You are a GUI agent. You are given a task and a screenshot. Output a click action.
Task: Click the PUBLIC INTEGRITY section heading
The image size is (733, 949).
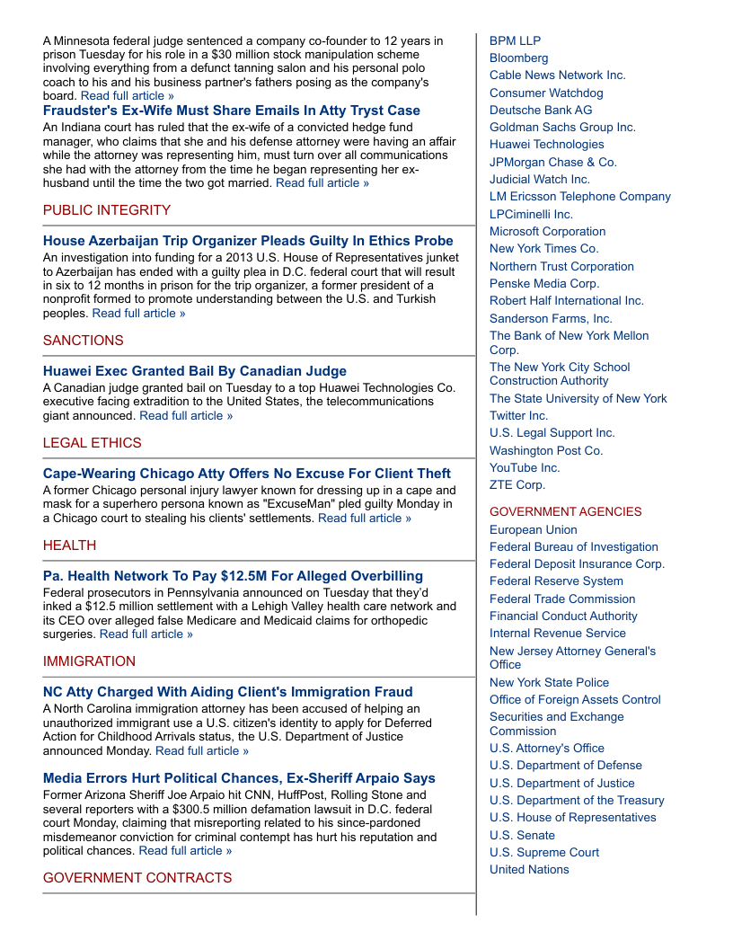click(107, 210)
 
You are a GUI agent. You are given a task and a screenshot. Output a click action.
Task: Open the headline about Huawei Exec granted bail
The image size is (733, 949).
click(195, 371)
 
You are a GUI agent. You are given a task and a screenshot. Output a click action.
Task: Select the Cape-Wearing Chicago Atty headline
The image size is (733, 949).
click(247, 474)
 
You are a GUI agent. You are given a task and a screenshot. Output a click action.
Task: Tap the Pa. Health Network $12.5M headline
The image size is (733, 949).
click(233, 576)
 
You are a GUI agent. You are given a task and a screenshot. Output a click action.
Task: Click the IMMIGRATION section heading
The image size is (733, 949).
click(89, 661)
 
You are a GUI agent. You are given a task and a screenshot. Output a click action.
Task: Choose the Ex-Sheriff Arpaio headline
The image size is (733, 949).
click(239, 778)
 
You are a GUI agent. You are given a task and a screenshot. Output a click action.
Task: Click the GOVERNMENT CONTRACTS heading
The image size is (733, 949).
click(137, 878)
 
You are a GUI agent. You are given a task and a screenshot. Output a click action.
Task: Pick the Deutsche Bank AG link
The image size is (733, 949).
click(541, 110)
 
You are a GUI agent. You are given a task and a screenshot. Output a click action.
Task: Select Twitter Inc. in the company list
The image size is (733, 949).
click(518, 415)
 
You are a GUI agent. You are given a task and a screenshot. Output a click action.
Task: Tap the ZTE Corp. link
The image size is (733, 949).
click(517, 484)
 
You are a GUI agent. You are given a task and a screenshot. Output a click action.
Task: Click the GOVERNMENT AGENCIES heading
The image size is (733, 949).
click(566, 511)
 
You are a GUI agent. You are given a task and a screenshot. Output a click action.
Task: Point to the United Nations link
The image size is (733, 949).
click(529, 869)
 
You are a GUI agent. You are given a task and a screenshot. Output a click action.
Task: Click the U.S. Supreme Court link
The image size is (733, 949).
click(544, 852)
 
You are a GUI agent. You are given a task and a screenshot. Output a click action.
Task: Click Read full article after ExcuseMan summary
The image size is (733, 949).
click(365, 519)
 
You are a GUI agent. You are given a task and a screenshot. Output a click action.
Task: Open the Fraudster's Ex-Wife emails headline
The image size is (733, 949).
click(232, 111)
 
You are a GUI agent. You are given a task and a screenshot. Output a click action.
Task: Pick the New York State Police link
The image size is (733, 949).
click(549, 682)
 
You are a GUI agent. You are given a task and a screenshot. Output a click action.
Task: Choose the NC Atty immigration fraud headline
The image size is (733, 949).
click(228, 692)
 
